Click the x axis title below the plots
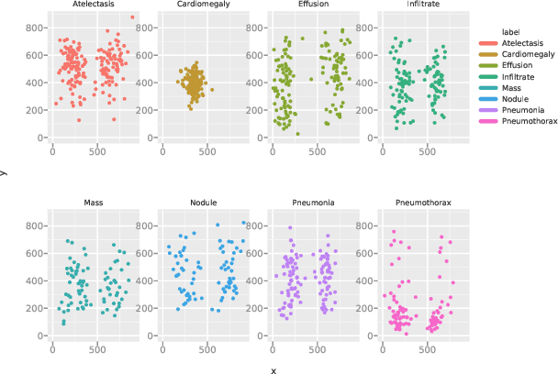click(x=273, y=369)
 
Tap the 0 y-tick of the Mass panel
click(x=40, y=335)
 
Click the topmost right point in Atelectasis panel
click(x=131, y=17)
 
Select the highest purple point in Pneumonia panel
click(x=290, y=228)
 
